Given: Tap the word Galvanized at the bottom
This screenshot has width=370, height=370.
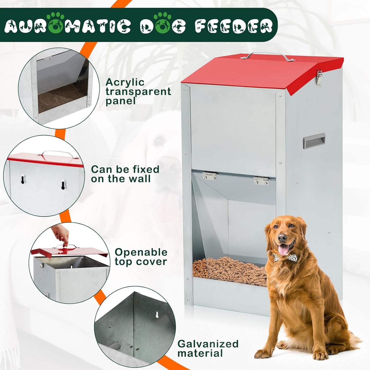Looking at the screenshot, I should tap(208, 344).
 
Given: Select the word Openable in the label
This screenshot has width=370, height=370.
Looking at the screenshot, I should tap(141, 252).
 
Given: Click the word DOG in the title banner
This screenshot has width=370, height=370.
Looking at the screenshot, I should tap(163, 26).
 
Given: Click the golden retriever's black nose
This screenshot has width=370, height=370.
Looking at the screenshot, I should tap(282, 238).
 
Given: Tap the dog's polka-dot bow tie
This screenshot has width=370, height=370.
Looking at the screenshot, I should tap(280, 257).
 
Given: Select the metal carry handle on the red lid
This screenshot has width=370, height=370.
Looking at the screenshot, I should tap(268, 56).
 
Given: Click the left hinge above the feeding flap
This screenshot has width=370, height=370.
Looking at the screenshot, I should tap(209, 176).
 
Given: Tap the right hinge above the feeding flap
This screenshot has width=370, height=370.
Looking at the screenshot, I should tap(261, 181).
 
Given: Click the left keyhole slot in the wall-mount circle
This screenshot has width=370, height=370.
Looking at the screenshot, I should tap(23, 179).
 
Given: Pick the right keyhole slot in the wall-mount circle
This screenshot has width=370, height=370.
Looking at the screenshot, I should tap(63, 184).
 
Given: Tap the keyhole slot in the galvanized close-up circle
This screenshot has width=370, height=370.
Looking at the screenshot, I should tap(157, 314).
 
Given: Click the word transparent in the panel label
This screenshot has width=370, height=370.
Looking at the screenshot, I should tap(138, 92).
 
